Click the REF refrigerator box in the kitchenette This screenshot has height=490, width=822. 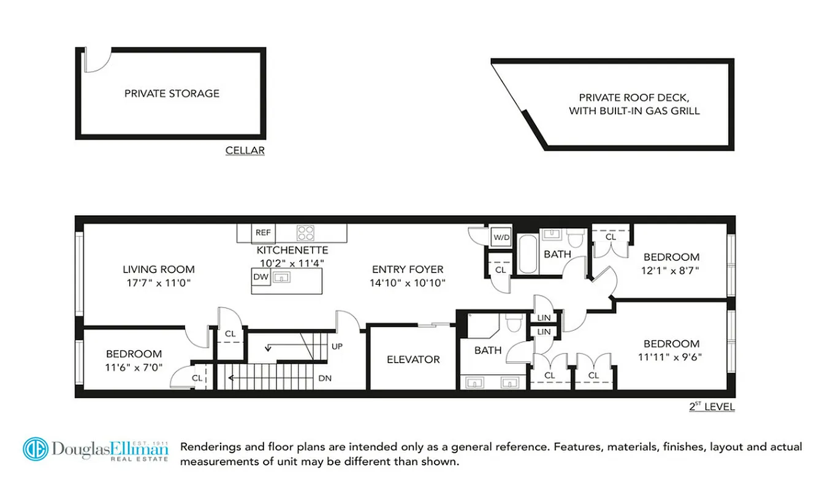coord(264,233)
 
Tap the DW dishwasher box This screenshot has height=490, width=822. coord(261,277)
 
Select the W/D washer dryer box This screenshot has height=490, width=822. coord(501,236)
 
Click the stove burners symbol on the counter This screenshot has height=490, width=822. coord(305,233)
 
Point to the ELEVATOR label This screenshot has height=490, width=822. coord(413,360)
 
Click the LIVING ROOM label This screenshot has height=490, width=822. coord(159,269)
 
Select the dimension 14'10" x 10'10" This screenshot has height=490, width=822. coord(408,283)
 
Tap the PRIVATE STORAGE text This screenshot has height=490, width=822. coord(172,94)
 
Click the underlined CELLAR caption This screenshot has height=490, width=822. coord(245,150)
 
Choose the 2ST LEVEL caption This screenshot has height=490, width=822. coord(711,407)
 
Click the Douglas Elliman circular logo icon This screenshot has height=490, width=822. coord(36,449)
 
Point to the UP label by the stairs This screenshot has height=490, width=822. coord(337,346)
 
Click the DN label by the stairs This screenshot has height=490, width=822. coord(325,379)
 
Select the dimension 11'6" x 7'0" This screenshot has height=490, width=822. coord(134,367)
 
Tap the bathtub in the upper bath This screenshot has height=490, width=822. coord(527,254)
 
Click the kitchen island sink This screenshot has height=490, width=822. coord(282,277)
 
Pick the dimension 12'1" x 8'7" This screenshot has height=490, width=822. coord(671,270)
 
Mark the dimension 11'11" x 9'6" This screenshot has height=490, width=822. coord(671,357)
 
